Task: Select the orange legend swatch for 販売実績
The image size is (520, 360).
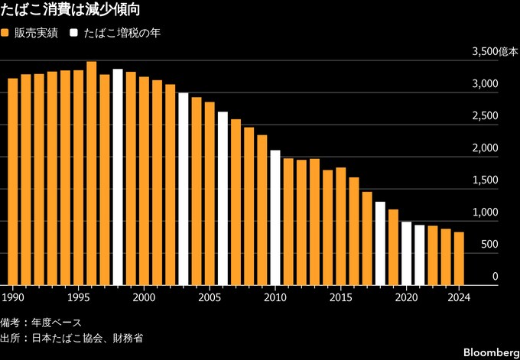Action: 5,34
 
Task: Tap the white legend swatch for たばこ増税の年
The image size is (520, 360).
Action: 73,34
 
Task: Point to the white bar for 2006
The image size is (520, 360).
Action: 223,199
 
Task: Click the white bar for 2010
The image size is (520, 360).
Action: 275,218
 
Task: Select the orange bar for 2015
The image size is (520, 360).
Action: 340,226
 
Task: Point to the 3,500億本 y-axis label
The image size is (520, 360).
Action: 495,52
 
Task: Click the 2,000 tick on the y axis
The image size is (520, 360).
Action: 486,148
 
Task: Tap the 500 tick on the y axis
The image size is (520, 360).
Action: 491,245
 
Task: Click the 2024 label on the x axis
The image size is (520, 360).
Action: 458,296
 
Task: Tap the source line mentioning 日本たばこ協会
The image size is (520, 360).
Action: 72,337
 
